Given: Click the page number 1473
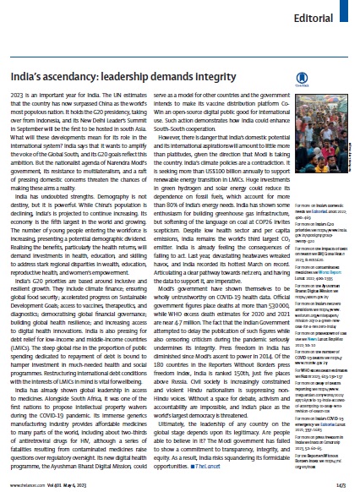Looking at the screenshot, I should coord(343,484).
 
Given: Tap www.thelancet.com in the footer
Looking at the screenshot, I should coord(25,484).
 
